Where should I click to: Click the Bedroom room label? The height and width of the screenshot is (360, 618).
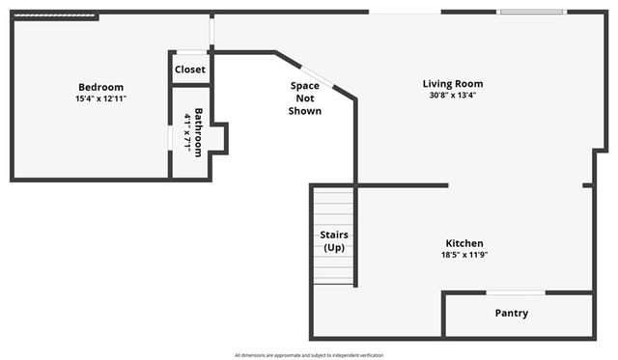[x=100, y=87]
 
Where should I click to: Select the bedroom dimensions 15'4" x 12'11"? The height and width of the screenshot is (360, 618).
[x=100, y=98]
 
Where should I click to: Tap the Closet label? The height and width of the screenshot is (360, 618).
[x=190, y=69]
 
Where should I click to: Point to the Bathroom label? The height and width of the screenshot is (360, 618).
[x=199, y=132]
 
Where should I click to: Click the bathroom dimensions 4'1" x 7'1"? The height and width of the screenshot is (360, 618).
[x=187, y=132]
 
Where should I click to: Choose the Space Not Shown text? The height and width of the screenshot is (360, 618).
[x=305, y=98]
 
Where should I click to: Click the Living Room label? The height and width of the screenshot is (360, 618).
[x=452, y=84]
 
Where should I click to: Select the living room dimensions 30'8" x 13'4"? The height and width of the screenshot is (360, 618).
[x=452, y=96]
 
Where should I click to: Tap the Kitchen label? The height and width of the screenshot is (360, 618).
[x=463, y=243]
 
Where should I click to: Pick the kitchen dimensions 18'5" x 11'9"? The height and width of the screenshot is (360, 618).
[x=463, y=256]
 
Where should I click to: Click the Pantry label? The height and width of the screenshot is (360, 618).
[x=511, y=313]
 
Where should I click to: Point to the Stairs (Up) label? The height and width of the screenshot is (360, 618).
[x=334, y=241]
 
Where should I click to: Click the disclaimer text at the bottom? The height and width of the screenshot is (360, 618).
[x=309, y=355]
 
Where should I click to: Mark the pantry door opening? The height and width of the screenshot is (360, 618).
[x=515, y=292]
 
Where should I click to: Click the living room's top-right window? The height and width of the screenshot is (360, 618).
[x=532, y=12]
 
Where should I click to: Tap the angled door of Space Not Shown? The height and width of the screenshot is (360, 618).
[x=317, y=76]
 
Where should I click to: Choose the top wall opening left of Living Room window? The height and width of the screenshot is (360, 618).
[x=405, y=12]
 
